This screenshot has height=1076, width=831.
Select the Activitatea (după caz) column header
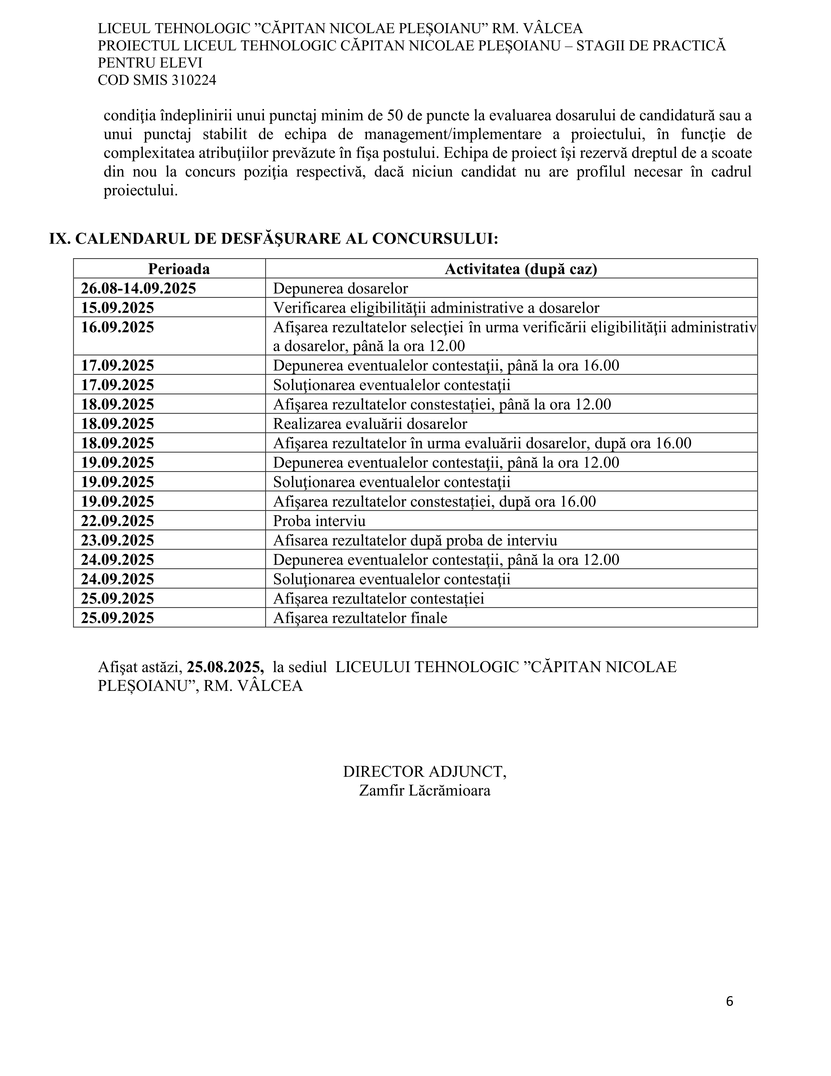tap(521, 269)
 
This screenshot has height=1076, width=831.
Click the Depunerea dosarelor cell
tap(340, 288)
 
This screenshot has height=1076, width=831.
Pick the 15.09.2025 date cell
tap(117, 308)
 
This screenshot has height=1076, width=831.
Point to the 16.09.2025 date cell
tap(117, 327)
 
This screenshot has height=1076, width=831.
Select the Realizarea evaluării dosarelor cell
tap(370, 424)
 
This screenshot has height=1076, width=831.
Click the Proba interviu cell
tap(319, 521)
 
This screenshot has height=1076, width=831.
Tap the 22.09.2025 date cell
tap(117, 521)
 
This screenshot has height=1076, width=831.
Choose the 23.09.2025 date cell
tap(117, 541)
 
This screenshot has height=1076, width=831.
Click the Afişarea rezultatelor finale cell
tap(360, 618)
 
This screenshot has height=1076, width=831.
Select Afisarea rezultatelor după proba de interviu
tap(415, 541)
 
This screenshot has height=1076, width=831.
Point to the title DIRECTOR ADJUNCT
tap(424, 771)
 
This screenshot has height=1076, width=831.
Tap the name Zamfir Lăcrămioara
tap(424, 790)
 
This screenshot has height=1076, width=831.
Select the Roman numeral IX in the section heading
tap(60, 238)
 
